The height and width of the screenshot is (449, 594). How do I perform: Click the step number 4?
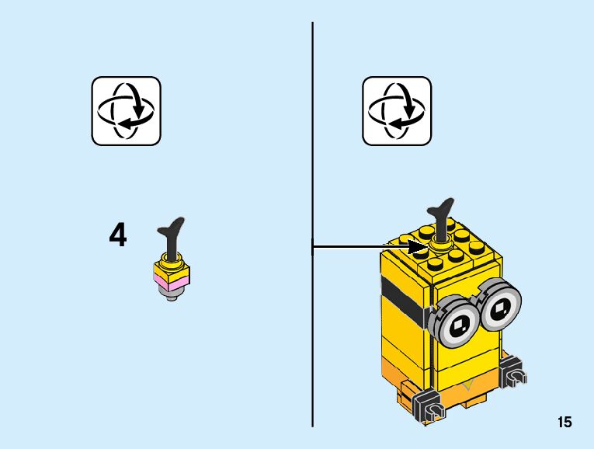[x=117, y=235]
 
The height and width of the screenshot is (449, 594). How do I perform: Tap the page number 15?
[x=564, y=422]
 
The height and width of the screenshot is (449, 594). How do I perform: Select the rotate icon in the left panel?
[x=126, y=110]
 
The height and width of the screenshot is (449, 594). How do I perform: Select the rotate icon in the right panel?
[x=397, y=110]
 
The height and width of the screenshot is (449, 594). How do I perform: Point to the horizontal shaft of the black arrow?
[x=357, y=248]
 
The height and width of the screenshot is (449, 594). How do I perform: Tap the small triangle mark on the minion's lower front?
[x=466, y=384]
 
